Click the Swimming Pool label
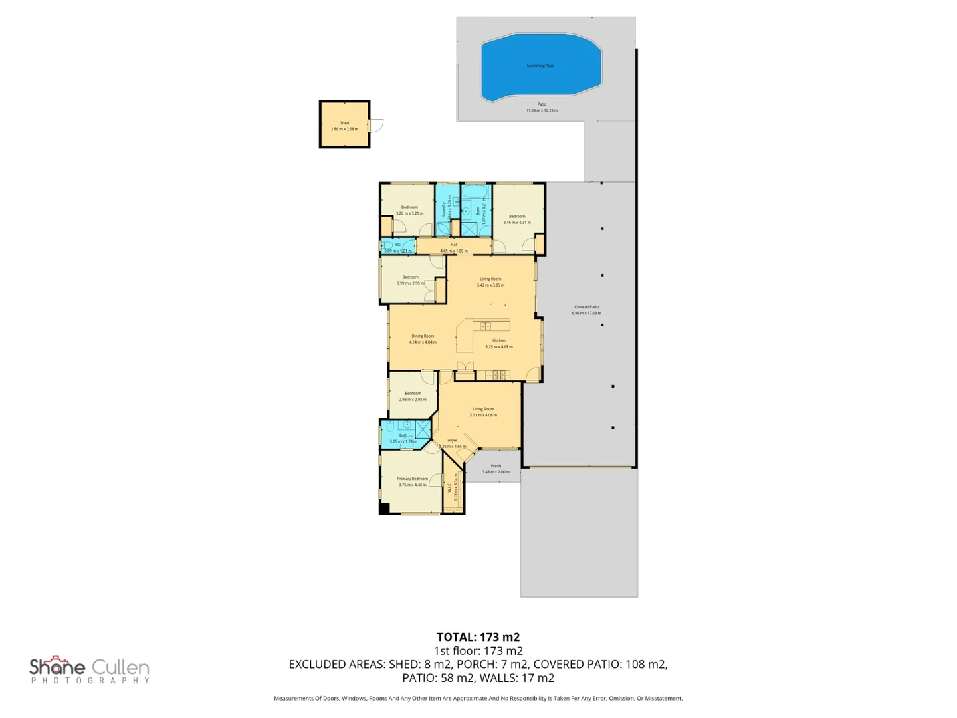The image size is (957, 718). pos(540,66)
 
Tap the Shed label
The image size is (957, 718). pos(344,123)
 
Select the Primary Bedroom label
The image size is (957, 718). pos(412,479)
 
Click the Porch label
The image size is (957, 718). pos(496,466)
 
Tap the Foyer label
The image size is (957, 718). pos(452,440)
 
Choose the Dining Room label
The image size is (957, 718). pos(423,336)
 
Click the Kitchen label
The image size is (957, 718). pos(499,340)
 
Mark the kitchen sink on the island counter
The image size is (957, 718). pos(486,326)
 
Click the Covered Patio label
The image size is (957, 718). pos(586,307)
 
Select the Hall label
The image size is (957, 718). pos(454,245)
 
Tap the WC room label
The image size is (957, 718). pos(398,245)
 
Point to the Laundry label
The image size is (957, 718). pos(444,208)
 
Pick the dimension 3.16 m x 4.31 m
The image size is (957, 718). pos(517,223)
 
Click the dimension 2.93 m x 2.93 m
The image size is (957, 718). pos(413,400)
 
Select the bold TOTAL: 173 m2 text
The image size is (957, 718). pos(478,637)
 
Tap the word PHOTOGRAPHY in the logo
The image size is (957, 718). pos(90,681)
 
